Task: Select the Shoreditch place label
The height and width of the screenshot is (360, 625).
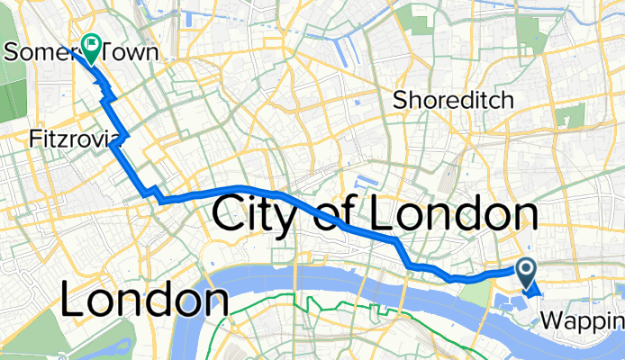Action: tap(453, 100)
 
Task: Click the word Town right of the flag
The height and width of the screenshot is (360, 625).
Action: tap(131, 52)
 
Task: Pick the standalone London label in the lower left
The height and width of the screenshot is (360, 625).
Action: tap(143, 301)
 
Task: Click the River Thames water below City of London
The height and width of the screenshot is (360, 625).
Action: tap(297, 279)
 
